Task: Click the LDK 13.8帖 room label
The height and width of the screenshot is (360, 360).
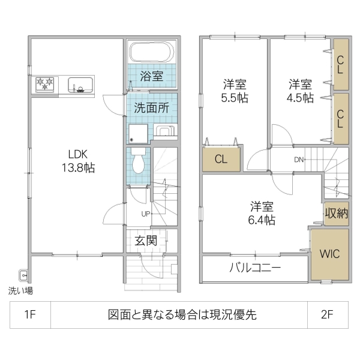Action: tap(75, 161)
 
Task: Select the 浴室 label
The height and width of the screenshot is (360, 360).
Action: tap(152, 76)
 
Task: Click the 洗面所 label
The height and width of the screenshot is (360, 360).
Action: tap(151, 109)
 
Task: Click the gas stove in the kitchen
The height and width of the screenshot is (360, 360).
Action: tap(44, 84)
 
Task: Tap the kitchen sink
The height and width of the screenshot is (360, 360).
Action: tap(80, 85)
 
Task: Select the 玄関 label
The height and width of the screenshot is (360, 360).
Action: tap(146, 241)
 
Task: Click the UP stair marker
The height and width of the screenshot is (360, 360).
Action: tap(146, 214)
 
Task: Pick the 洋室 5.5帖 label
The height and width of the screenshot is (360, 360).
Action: tap(235, 91)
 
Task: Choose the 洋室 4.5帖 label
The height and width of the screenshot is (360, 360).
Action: tap(299, 91)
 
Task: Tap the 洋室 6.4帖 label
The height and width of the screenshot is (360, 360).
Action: tap(262, 213)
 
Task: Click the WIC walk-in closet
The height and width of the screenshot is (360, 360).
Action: tap(329, 253)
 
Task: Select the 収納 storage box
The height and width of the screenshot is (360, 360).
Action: tap(336, 214)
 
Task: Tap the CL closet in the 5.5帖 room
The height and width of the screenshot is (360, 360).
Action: tap(221, 160)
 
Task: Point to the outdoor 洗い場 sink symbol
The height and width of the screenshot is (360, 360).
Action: tap(23, 275)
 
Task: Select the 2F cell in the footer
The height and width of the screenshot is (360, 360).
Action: tap(327, 314)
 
